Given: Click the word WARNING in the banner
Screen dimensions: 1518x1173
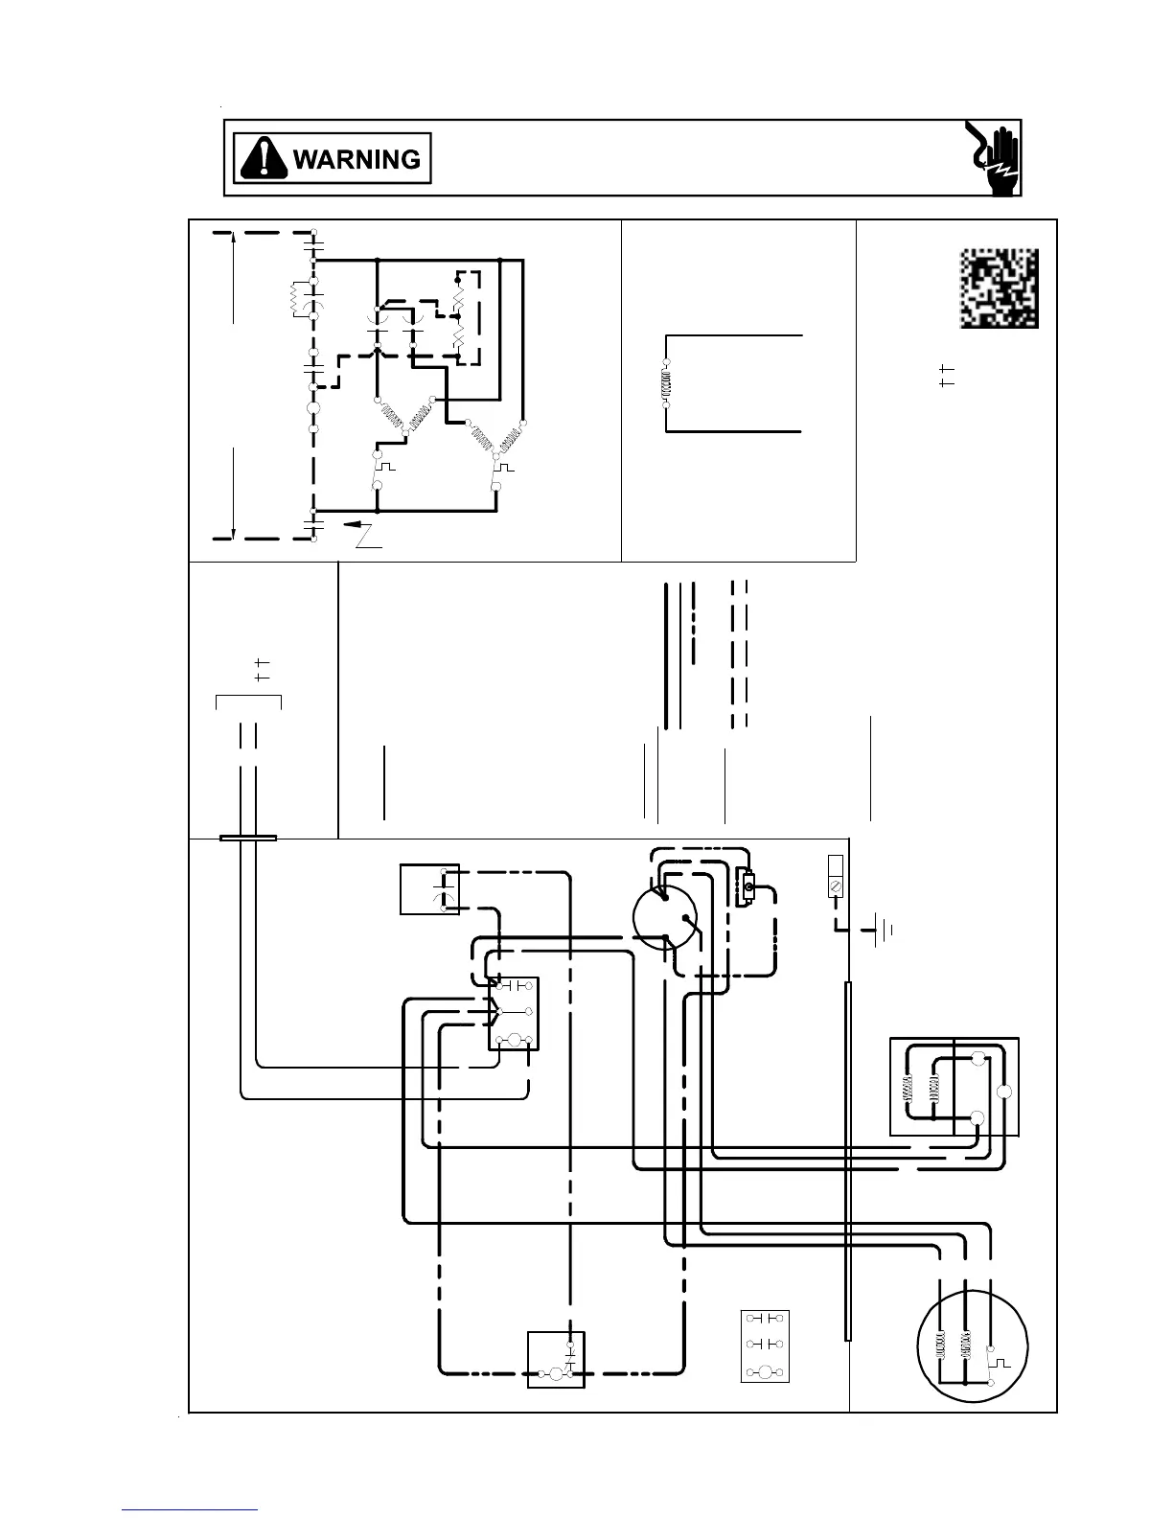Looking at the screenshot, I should coord(356,159).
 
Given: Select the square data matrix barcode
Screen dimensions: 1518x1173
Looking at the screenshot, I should coord(999,288).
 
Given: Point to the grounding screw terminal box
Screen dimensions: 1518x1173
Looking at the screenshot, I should coord(835,876).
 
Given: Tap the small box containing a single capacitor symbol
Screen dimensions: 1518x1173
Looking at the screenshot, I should coord(429,889).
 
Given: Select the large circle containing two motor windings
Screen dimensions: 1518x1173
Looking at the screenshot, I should coord(973,1345).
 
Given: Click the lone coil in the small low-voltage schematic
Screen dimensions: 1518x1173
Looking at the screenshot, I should coord(666,384).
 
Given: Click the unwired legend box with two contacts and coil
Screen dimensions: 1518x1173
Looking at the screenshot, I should coord(765,1345).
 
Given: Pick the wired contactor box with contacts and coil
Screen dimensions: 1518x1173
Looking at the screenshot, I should coord(514,1014).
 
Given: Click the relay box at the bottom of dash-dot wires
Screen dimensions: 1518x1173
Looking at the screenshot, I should coord(556,1360).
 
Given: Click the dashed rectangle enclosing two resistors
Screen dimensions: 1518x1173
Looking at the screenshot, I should coord(469,317).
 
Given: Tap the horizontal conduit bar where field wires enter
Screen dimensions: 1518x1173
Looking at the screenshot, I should coord(248,838).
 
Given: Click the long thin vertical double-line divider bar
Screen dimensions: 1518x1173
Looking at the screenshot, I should coord(848,1160).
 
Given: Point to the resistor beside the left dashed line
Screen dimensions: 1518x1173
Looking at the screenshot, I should coord(297,301).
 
